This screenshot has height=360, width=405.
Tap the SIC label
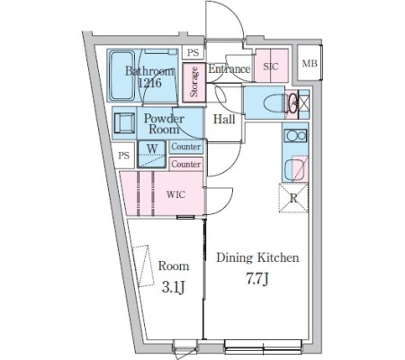click(271, 66)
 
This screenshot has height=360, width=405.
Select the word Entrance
click(229, 68)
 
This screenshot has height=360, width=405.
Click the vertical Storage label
click(194, 82)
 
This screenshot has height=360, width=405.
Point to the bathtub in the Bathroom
click(122, 76)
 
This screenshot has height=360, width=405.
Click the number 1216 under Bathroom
click(150, 83)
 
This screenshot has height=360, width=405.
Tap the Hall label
click(224, 120)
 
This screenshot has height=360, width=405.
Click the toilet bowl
click(273, 103)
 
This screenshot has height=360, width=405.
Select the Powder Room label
click(164, 123)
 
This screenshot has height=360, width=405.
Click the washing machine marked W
click(152, 154)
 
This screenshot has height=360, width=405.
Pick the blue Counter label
click(186, 147)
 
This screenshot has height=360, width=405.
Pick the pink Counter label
click(186, 164)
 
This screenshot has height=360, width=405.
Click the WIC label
click(175, 194)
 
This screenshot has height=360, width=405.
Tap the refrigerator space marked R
click(293, 198)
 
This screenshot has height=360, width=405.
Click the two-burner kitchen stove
click(295, 136)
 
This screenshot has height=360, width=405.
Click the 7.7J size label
click(257, 279)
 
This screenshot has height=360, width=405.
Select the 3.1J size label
click(173, 287)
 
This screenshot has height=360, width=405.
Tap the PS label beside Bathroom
click(193, 52)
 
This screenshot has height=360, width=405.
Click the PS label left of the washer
click(123, 156)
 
